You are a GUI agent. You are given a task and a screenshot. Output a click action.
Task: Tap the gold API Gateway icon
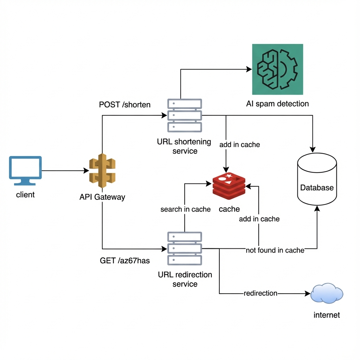tap(102, 171)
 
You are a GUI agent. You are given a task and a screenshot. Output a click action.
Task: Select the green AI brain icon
tap(277, 69)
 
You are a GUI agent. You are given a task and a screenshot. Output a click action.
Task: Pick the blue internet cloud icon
tap(327, 293)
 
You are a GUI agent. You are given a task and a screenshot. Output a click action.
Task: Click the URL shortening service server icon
tap(185, 115)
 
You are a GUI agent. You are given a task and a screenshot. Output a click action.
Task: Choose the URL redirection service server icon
tap(185, 248)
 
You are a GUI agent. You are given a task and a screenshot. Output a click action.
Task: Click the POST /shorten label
tap(125, 104)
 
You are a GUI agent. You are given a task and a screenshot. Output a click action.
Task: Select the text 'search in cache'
tap(185, 209)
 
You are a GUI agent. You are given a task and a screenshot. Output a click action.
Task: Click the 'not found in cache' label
tap(275, 250)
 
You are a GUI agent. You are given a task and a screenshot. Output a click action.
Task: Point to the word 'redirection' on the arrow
tap(261, 293)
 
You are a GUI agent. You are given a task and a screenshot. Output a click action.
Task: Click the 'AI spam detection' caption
tap(277, 104)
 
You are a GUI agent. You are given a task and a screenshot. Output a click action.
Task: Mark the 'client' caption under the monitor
tap(25, 194)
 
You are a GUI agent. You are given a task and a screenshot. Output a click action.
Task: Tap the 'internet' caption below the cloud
tap(327, 315)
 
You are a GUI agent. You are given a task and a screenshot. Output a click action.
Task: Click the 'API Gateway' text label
tap(102, 197)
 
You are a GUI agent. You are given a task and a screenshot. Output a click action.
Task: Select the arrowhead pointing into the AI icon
tap(249, 69)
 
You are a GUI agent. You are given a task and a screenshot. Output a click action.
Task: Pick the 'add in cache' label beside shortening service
tap(239, 144)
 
